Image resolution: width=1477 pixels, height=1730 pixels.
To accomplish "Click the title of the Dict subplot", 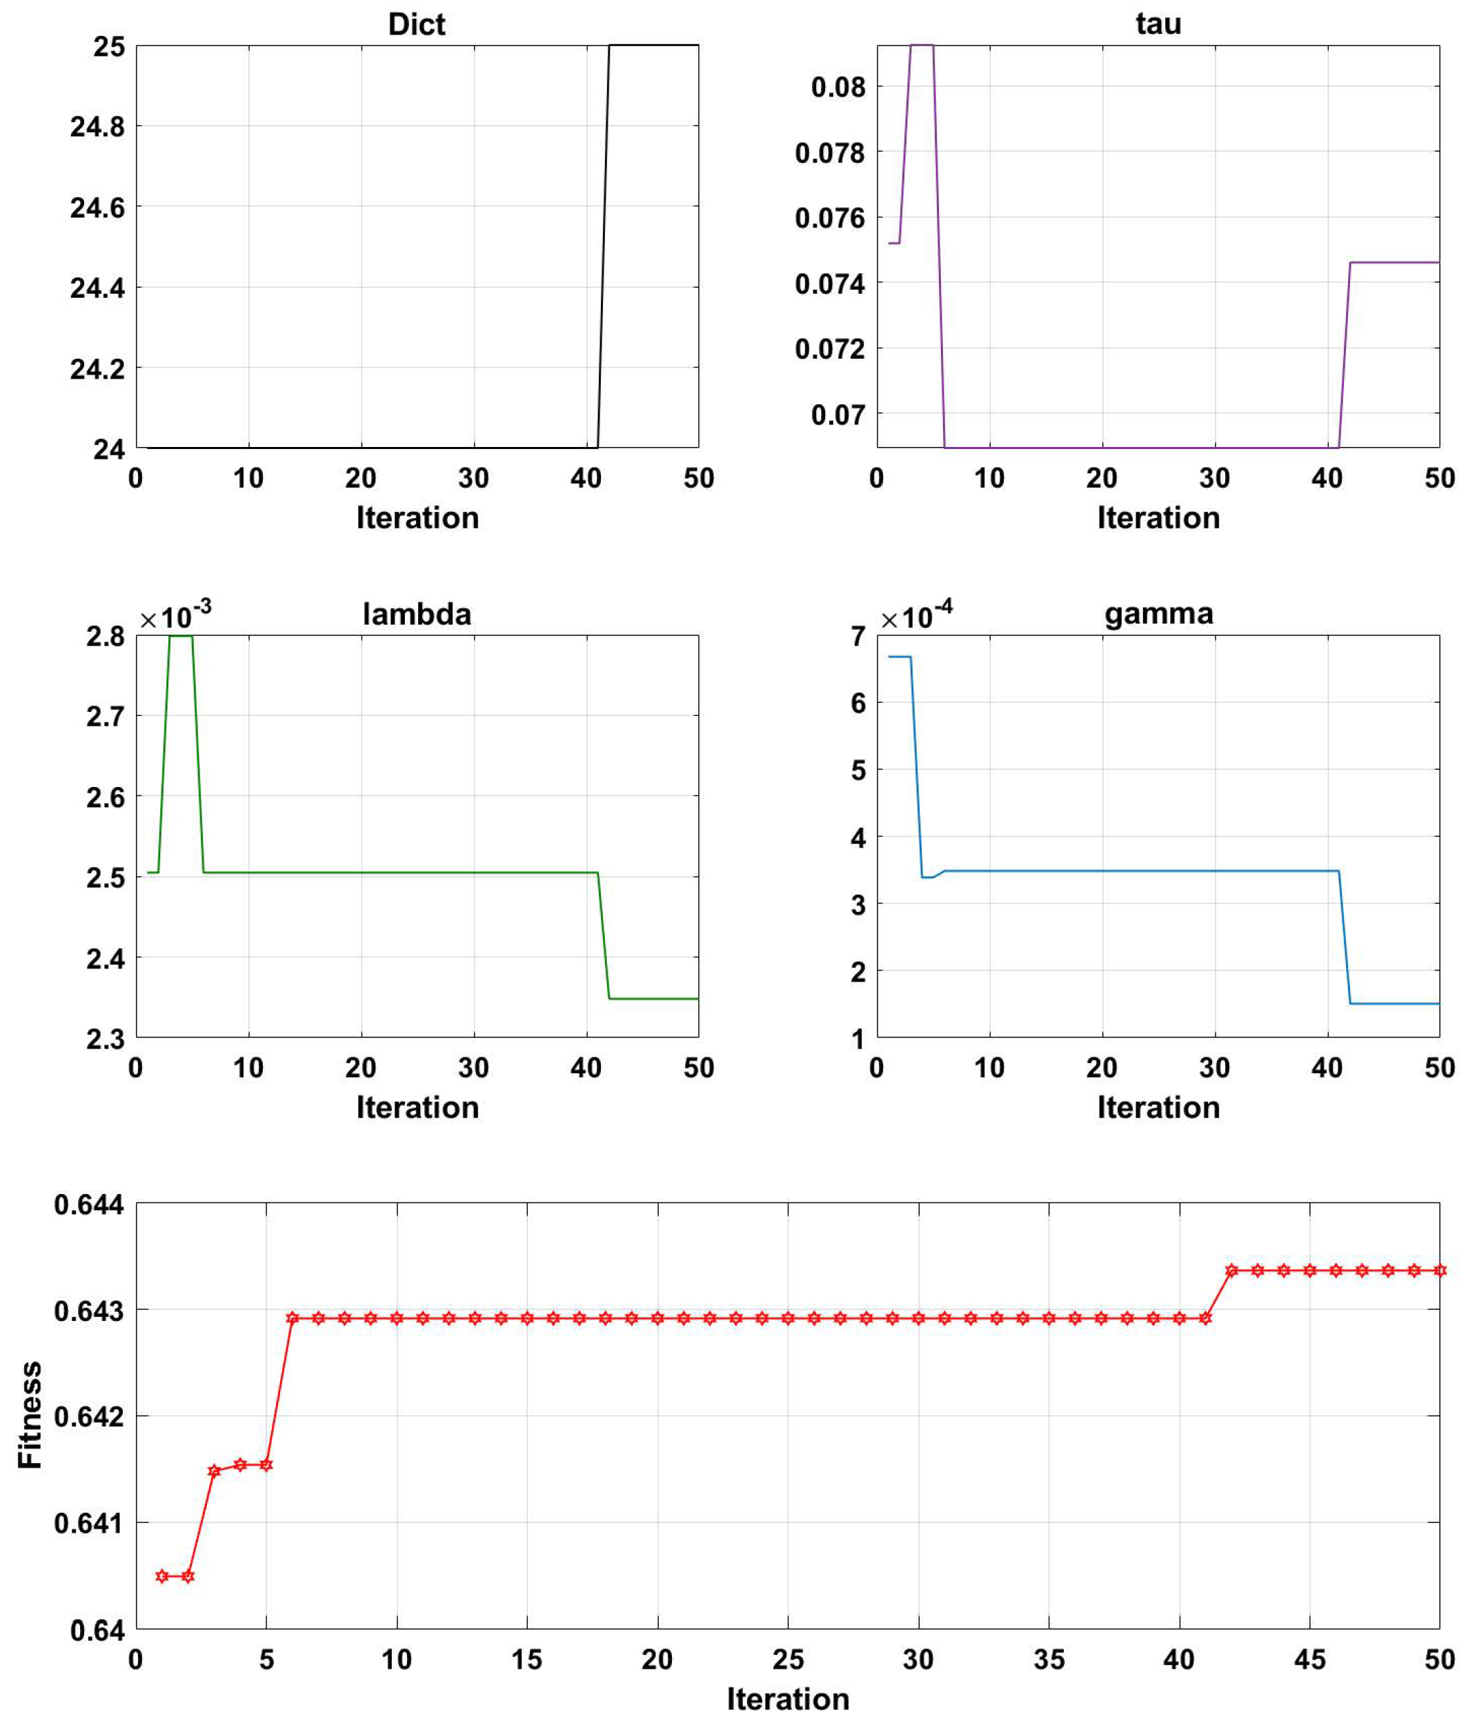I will (416, 24).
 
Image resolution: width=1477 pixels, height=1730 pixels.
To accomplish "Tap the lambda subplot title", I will (416, 614).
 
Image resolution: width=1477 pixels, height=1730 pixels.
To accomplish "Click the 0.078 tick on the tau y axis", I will (829, 153).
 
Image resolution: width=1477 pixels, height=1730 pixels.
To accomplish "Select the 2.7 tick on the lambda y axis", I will (105, 717).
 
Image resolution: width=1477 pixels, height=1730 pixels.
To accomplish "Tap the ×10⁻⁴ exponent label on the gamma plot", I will (916, 616).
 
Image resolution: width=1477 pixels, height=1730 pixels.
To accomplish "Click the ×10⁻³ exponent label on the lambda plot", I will (175, 616).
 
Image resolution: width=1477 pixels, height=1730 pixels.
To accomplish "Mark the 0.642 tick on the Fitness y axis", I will (88, 1417).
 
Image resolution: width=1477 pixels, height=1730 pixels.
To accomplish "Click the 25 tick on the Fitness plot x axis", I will (787, 1659).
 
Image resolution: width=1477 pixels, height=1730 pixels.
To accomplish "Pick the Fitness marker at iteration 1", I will (162, 1576).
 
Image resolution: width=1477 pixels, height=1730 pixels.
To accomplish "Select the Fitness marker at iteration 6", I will (293, 1318).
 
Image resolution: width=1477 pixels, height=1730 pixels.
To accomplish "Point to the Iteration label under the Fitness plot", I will (787, 1699).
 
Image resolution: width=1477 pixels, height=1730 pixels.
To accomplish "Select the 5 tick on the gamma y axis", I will (858, 770).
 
